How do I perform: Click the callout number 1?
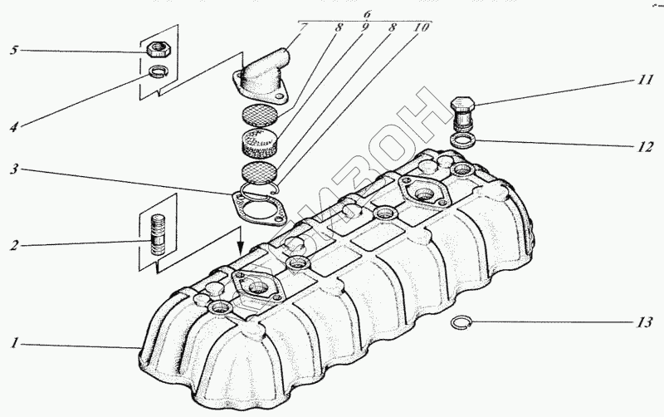pyautogui.click(x=14, y=342)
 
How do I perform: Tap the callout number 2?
pyautogui.click(x=14, y=246)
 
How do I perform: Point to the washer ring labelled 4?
pyautogui.click(x=156, y=72)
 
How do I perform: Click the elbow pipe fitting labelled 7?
pyautogui.click(x=264, y=75)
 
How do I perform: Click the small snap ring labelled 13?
pyautogui.click(x=464, y=325)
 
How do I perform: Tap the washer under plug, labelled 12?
pyautogui.click(x=464, y=137)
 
